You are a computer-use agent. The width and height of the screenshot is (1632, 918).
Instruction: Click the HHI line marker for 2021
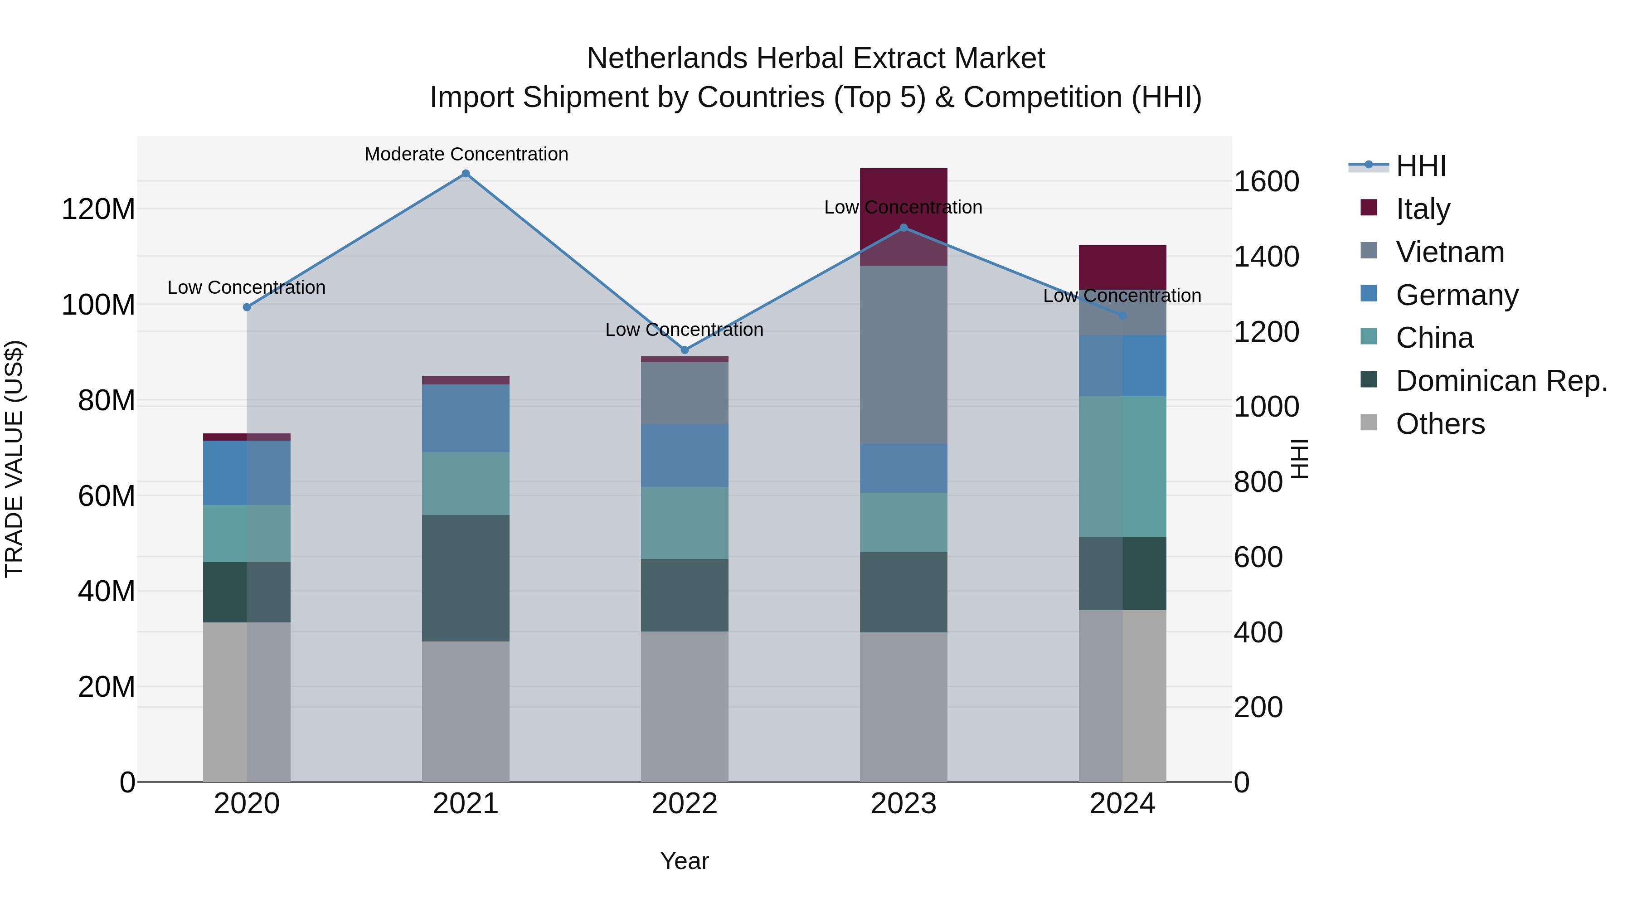coord(466,174)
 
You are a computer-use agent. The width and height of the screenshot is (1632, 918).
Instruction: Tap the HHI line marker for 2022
coord(684,350)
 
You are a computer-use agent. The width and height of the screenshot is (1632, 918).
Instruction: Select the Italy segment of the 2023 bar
coord(903,190)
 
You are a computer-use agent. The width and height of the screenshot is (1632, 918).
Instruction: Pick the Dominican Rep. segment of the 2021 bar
coord(466,578)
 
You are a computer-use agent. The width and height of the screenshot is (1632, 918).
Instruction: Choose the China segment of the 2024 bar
coord(1122,466)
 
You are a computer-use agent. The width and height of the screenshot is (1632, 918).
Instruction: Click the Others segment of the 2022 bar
coord(684,706)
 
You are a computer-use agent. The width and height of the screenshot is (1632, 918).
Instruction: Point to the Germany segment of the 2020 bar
coord(247,473)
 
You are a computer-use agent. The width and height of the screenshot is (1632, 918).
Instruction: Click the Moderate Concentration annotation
coord(466,155)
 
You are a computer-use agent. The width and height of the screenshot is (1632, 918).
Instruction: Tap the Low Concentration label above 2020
coord(247,287)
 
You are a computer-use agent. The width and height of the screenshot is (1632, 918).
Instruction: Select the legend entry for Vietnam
coord(1450,252)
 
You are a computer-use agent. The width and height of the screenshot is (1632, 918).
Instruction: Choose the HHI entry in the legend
coord(1420,166)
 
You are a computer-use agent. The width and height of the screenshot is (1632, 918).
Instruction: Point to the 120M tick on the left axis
coord(98,209)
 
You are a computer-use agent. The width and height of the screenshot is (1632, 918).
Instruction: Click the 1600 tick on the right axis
coord(1266,182)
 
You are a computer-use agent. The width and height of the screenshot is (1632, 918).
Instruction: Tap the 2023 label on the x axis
coord(903,804)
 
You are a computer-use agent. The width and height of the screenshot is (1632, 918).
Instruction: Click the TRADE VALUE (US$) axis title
coord(14,459)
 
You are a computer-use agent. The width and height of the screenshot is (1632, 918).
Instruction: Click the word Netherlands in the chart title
coord(667,58)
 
